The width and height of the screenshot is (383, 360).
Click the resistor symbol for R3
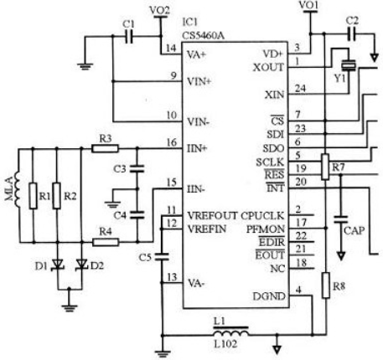point(105,148)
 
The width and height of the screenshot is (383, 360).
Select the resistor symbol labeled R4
point(106,242)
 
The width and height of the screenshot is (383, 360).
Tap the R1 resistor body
point(34,196)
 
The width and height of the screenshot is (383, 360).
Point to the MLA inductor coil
point(18,189)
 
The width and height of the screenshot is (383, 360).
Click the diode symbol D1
point(58,265)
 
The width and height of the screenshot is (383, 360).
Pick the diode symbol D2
point(82,265)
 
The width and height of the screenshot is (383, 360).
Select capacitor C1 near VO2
point(129,36)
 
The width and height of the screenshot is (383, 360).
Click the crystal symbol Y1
point(349,65)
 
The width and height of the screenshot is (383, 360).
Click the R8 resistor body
point(326,285)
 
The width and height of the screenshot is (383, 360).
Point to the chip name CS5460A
point(203,35)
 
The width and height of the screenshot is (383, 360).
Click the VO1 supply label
point(308,5)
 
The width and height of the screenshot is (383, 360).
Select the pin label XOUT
point(268,68)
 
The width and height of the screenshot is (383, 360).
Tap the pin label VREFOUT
point(212,216)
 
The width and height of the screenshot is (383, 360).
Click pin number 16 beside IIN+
point(172,142)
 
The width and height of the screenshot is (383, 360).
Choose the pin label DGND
point(269,296)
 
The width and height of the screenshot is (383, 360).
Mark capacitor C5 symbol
point(162,257)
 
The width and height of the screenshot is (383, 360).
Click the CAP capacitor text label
point(355,231)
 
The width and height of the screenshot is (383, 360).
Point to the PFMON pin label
point(266,229)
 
